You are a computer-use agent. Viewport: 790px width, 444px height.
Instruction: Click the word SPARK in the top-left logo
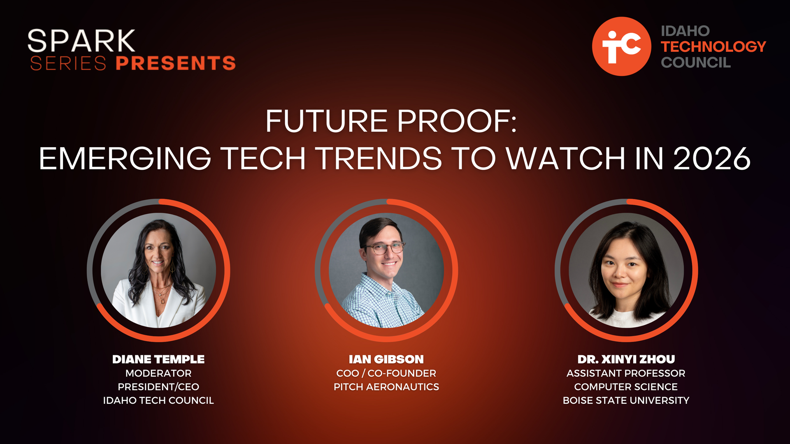(x=81, y=41)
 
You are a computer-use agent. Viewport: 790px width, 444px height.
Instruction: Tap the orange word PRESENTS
(x=176, y=63)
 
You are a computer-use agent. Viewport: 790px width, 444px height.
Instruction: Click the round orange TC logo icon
(x=621, y=46)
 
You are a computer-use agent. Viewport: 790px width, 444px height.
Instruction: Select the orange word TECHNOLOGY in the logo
(x=713, y=46)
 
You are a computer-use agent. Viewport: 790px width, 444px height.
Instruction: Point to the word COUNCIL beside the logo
(x=696, y=62)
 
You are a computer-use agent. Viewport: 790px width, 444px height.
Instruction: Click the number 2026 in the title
(x=712, y=159)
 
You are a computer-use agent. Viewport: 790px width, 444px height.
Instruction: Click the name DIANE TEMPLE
(x=158, y=359)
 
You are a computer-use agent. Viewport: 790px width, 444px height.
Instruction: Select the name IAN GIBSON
(x=386, y=359)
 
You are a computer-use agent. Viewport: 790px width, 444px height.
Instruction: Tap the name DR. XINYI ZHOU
(x=626, y=359)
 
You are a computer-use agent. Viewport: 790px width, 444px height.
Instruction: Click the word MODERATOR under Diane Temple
(x=158, y=373)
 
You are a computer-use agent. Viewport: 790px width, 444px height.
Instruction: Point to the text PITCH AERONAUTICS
(x=386, y=387)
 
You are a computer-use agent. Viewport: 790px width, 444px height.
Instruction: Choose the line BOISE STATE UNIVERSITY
(x=626, y=400)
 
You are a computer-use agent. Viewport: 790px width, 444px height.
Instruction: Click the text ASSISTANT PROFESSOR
(x=626, y=373)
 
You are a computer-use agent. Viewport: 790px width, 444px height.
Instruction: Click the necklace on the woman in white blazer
(x=163, y=293)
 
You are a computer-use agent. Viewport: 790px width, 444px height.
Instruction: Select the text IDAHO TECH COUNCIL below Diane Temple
(x=158, y=400)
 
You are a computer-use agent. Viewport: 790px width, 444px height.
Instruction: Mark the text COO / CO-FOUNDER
(x=386, y=373)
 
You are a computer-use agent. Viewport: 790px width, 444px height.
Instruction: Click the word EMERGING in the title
(x=125, y=159)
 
